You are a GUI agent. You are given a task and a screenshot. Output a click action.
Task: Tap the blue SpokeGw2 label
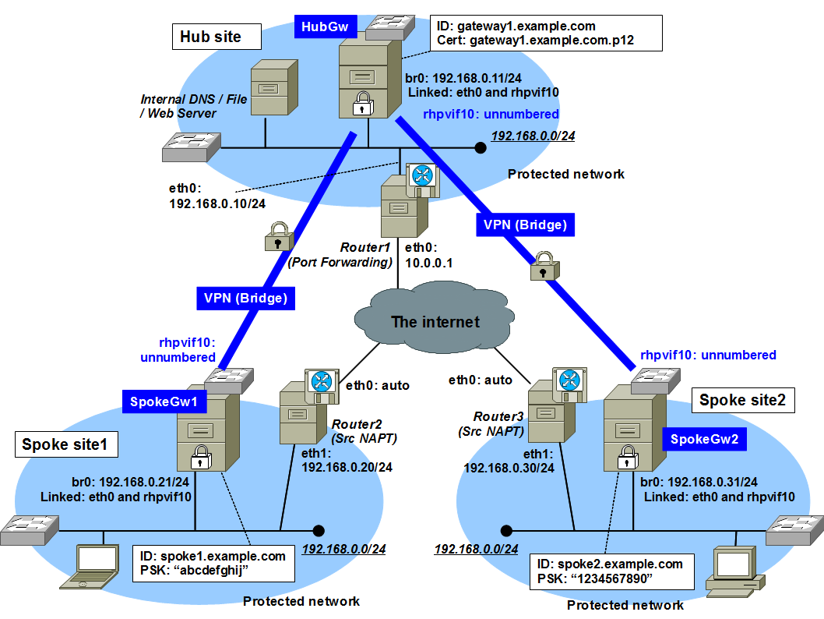tap(703, 440)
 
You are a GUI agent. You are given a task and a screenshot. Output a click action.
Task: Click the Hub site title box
tap(210, 37)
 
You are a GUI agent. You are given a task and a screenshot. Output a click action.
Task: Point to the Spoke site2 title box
tap(742, 401)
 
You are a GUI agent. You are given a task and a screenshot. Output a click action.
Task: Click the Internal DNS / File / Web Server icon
tap(273, 89)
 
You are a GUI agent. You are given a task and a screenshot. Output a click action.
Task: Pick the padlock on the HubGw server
tap(361, 104)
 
